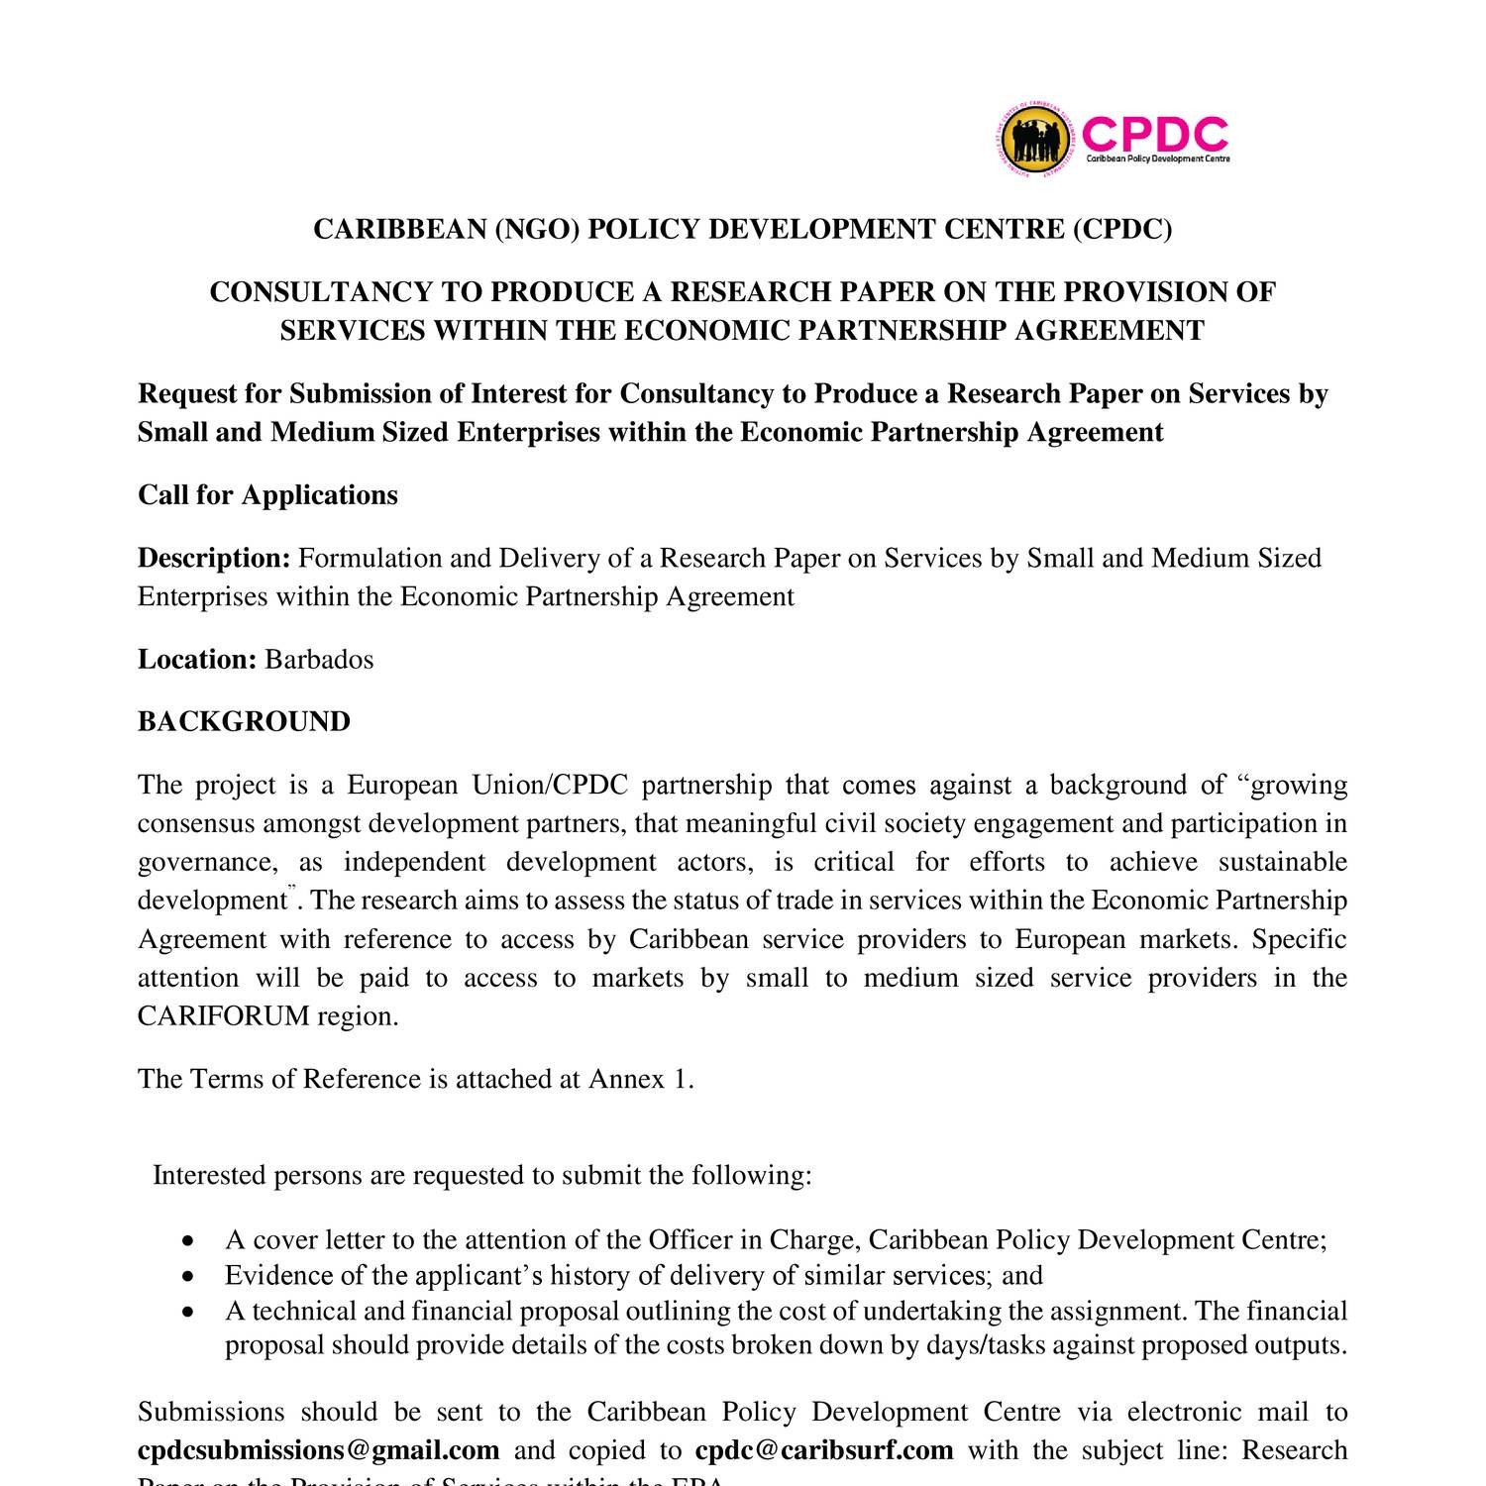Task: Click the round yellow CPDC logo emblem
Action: coord(1035,140)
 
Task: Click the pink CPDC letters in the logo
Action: coord(1155,134)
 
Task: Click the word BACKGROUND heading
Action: coord(244,721)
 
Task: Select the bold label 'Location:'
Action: coord(197,659)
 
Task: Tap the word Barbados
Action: coord(319,659)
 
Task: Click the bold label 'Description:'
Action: coord(214,558)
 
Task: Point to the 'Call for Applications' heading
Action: coord(267,494)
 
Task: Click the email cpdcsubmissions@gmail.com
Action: coord(318,1450)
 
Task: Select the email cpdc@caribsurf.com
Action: coord(823,1450)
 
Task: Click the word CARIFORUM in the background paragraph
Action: coord(224,1016)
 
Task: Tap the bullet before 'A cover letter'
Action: coord(189,1241)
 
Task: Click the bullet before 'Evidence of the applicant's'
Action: coord(189,1277)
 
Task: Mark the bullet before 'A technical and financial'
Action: coord(189,1313)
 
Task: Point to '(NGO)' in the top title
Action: coord(536,229)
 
